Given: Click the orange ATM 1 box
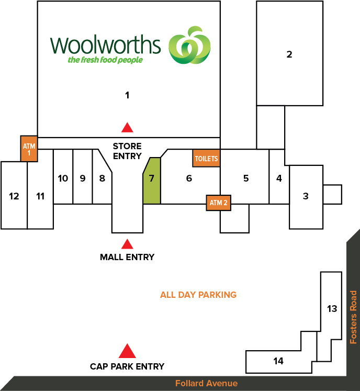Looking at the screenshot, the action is click(x=29, y=149).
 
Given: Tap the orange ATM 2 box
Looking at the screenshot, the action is click(x=218, y=203).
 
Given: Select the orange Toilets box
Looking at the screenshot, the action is click(x=206, y=158).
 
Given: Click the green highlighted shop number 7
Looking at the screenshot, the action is click(x=152, y=181).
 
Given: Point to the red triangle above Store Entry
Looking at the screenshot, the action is click(x=127, y=127).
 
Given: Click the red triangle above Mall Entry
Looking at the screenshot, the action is click(x=127, y=244).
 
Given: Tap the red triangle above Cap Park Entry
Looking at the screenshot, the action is click(x=127, y=351).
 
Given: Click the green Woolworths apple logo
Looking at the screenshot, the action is click(x=189, y=45).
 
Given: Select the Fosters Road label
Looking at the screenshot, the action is click(x=353, y=317).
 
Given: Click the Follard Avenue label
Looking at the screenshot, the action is click(x=207, y=383).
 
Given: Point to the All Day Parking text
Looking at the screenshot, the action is click(x=198, y=295).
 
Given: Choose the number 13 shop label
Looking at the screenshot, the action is click(x=332, y=309).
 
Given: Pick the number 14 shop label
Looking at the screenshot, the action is click(x=278, y=361).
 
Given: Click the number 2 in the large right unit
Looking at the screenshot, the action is click(x=289, y=54).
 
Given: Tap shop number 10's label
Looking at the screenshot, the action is click(x=63, y=178).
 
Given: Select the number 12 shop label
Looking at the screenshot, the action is click(x=14, y=196).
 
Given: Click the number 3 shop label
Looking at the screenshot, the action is click(x=306, y=196).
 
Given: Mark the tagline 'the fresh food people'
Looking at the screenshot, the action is click(x=105, y=60).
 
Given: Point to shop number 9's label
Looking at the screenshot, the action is click(x=83, y=178).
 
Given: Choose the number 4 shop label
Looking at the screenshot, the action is click(x=279, y=178).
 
